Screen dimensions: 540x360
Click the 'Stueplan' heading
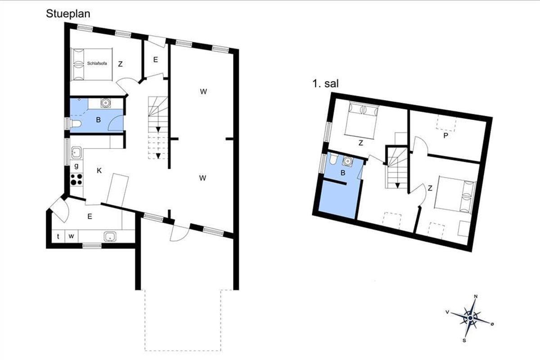[x=68, y=14]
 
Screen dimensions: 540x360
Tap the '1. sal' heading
[x=325, y=84]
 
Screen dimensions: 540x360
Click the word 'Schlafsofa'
[x=97, y=63]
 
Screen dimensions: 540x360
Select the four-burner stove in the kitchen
[x=76, y=180]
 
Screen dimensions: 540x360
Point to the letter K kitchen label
[x=99, y=171]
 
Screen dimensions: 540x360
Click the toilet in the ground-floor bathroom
[x=76, y=124]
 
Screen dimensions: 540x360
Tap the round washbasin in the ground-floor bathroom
[x=105, y=103]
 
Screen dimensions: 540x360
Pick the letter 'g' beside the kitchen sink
[x=76, y=166]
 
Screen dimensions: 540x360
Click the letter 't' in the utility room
[x=58, y=236]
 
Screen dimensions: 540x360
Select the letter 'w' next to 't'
[x=71, y=236]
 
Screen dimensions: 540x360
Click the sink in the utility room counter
[x=110, y=236]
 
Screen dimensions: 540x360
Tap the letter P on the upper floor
[x=446, y=136]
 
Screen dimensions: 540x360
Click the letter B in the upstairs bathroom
[x=343, y=173]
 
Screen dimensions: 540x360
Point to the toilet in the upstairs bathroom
[x=333, y=159]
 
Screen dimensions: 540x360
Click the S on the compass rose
[x=464, y=341]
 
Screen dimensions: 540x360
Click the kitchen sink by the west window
[x=76, y=153]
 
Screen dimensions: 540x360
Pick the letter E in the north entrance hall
[x=156, y=59]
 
